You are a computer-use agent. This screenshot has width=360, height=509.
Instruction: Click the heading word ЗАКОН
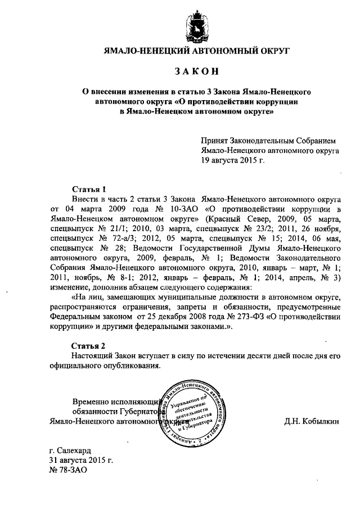195,71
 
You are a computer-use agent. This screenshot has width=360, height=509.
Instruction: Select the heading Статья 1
89,189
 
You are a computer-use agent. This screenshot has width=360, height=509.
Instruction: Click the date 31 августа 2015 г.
81,460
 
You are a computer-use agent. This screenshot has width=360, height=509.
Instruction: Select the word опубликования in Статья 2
133,366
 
